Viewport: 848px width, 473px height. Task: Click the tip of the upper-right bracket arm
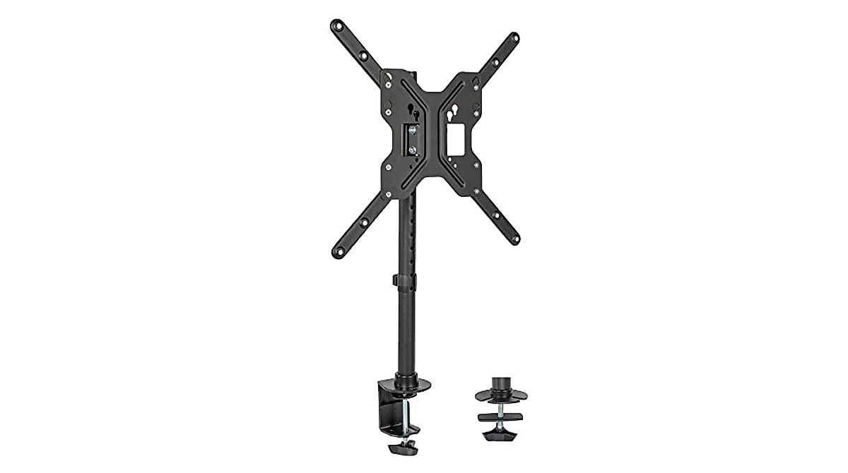(514, 37)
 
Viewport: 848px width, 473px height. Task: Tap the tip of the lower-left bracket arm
(337, 252)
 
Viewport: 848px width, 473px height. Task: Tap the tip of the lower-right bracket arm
(514, 239)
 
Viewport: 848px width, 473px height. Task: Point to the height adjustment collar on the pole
(405, 281)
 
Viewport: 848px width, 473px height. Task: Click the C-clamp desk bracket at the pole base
(391, 409)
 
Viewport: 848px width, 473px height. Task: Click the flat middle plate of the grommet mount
(500, 417)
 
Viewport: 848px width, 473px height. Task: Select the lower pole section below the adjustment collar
(406, 332)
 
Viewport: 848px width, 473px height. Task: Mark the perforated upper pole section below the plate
(406, 233)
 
